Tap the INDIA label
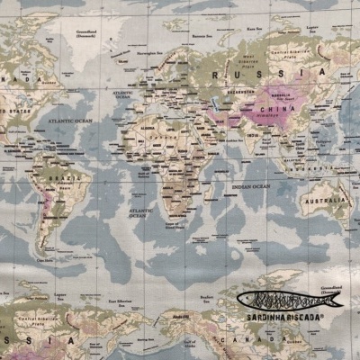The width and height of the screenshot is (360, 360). click(253, 136)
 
